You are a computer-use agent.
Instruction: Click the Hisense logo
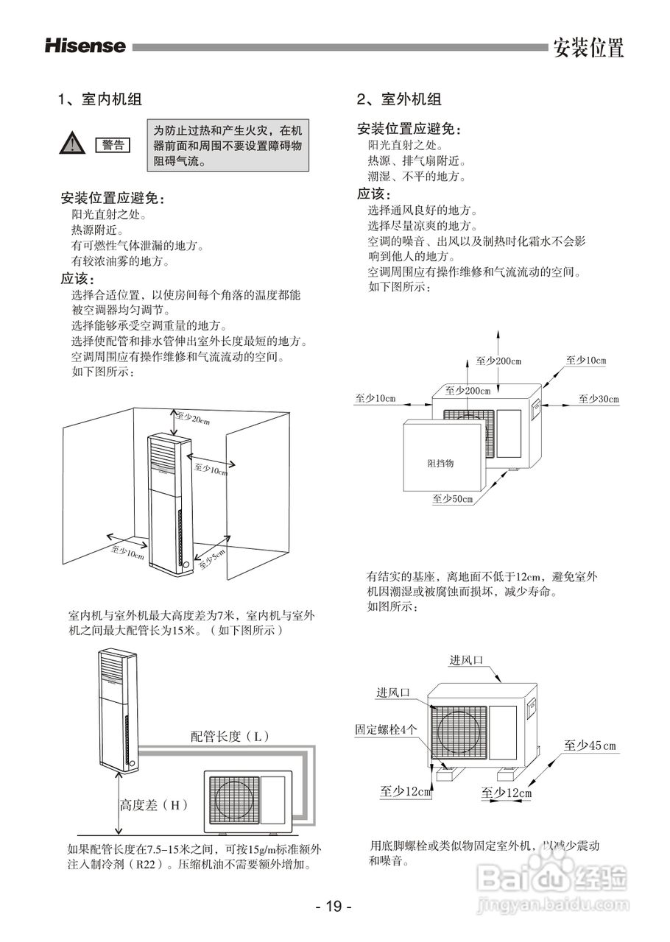85,46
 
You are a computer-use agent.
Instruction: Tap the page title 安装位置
588,48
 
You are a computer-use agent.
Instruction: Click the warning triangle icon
71,144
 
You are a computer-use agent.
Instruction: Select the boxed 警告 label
113,145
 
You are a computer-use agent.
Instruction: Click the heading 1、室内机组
101,99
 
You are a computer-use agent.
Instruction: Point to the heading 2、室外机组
400,99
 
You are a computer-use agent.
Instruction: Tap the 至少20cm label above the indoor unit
193,419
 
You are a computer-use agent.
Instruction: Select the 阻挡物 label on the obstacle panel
440,464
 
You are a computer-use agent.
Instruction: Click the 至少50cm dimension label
452,499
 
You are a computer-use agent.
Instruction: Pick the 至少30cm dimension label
599,399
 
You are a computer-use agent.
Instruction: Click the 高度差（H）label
154,805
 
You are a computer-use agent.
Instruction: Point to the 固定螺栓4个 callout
386,729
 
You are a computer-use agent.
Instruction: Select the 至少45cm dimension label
590,746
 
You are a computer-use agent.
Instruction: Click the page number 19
334,906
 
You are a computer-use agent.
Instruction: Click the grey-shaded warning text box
228,145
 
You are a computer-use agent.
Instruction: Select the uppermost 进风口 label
466,660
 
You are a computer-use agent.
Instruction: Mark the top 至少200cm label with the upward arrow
498,361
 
